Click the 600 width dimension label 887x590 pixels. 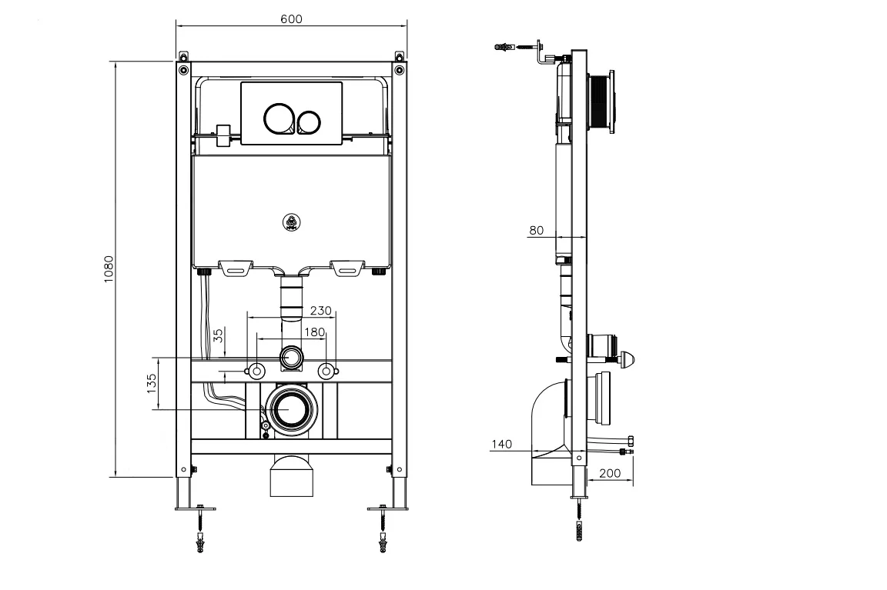tap(291, 19)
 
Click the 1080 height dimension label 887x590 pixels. tap(109, 270)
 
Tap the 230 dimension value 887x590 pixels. tap(320, 311)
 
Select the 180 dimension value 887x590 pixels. tap(314, 332)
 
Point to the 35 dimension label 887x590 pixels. tap(218, 335)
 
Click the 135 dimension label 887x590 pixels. tap(152, 382)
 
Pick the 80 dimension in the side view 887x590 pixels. tap(537, 230)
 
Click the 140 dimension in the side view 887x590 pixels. tap(501, 444)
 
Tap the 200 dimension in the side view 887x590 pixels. tap(609, 474)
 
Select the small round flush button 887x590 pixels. tap(310, 122)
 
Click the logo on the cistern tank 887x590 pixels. tap(291, 221)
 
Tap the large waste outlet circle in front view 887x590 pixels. tap(290, 409)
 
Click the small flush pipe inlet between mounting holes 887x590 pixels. tap(291, 357)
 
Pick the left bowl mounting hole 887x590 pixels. tap(253, 371)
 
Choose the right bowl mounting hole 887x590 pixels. tap(328, 371)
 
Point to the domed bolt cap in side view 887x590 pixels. tap(628, 358)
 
